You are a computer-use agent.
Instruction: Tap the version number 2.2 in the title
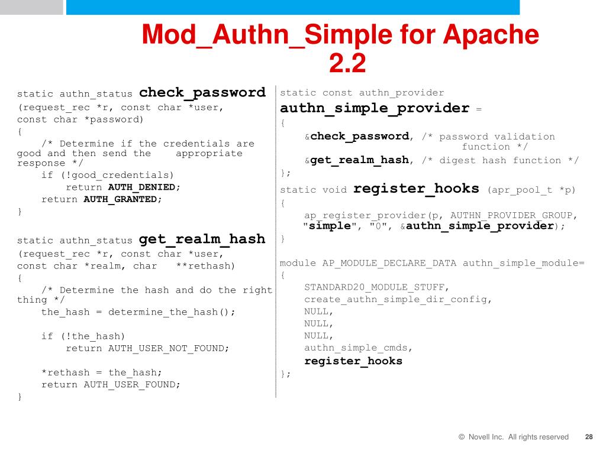click(x=347, y=63)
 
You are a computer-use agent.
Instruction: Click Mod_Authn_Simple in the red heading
click(x=266, y=35)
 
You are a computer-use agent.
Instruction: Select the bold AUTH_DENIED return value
click(x=142, y=187)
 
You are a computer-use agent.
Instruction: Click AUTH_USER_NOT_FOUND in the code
click(x=168, y=349)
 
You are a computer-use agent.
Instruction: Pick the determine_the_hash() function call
click(x=172, y=312)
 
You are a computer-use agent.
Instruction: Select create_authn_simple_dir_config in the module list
click(x=398, y=300)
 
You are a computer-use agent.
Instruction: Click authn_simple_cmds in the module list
click(x=358, y=348)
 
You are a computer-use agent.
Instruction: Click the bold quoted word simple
click(x=330, y=226)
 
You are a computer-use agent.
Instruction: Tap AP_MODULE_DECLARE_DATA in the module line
click(x=389, y=263)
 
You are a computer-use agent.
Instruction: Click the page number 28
click(x=588, y=437)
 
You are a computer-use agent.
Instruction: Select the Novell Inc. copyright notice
click(x=513, y=437)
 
